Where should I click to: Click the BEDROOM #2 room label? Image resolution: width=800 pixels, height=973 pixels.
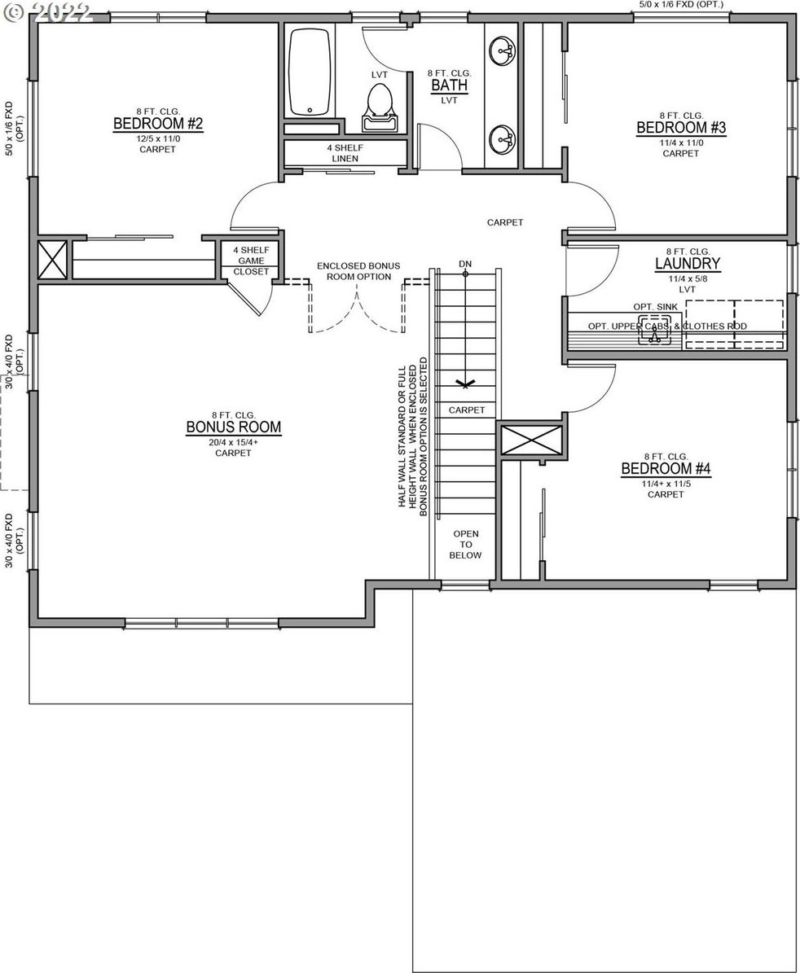coord(158,124)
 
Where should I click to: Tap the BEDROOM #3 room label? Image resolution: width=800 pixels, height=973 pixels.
coord(681,128)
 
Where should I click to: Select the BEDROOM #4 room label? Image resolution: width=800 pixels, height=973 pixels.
coord(666,468)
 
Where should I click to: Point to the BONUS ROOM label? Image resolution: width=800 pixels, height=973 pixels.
coord(233,427)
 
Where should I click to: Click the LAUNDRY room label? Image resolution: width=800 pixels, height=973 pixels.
coord(687,264)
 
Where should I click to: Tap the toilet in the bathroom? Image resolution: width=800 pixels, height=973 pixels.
coord(380,107)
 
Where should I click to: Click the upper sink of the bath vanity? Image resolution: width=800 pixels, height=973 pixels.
coord(502,50)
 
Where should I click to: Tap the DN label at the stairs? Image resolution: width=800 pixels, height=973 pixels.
coord(465,264)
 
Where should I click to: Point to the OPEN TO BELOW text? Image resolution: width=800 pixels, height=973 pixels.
coord(465,544)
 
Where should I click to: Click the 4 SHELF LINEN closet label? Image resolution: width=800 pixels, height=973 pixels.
coord(345,152)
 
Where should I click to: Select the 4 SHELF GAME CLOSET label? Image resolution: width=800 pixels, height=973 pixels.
coord(252,261)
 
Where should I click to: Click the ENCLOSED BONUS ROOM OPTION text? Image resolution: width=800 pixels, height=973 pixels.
coord(358,271)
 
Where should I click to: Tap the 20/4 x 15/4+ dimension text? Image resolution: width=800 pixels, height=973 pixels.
coord(233,442)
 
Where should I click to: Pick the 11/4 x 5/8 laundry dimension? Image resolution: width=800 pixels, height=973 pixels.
coord(687,278)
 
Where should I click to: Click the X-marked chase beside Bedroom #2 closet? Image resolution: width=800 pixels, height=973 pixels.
coord(52,260)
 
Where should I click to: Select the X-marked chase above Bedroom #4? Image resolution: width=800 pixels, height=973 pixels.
coord(531,440)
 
